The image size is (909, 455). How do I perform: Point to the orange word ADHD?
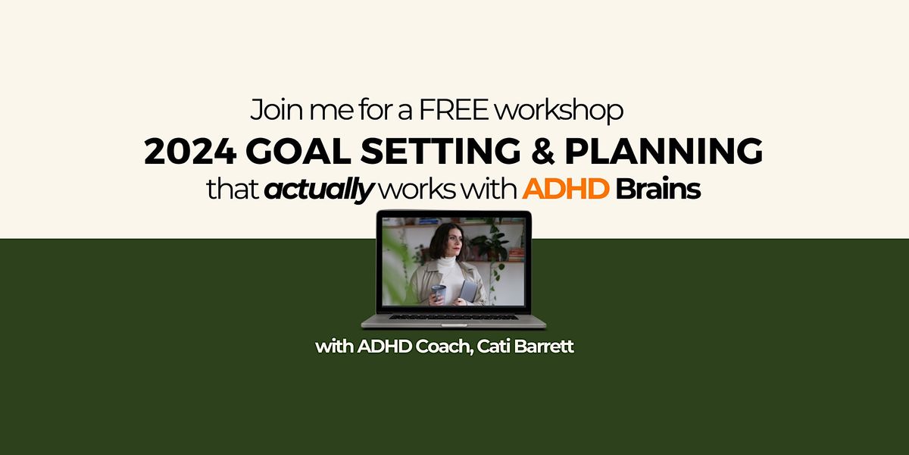coord(566,190)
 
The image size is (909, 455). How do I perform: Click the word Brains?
coord(658,190)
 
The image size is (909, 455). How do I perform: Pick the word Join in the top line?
coord(270,111)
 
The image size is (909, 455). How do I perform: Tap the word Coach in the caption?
coord(436,348)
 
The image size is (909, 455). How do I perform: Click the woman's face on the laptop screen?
coord(442,244)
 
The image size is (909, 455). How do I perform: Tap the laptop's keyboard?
coord(454,318)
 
